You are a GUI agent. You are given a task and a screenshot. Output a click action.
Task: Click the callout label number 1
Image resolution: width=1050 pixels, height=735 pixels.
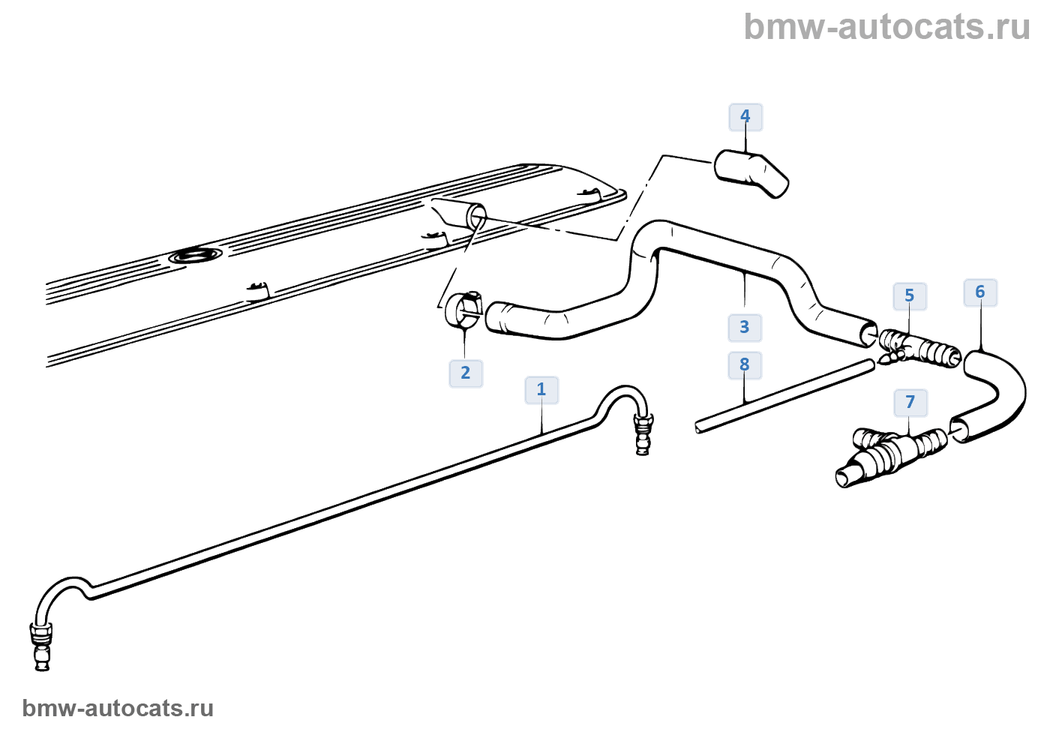point(541,390)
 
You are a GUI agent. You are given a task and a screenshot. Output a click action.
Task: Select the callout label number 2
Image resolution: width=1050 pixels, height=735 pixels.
point(466,373)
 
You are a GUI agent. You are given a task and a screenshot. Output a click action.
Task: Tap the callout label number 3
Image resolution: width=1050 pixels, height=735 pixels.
point(744,328)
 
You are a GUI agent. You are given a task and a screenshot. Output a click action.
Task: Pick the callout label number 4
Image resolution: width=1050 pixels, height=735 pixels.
point(745,117)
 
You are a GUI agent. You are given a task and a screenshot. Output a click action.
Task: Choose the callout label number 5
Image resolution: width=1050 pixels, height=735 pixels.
point(909,296)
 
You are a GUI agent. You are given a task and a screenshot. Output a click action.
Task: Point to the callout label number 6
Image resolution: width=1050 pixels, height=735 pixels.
point(979,292)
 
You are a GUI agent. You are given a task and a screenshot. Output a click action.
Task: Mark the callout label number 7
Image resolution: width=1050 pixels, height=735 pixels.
point(910,403)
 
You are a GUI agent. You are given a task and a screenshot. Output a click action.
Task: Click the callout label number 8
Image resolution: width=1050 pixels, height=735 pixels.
point(744,365)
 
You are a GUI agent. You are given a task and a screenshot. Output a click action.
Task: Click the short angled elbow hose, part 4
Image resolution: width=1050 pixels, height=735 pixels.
point(751,173)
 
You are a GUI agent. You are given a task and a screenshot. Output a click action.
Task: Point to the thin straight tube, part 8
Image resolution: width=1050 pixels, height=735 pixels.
point(784,395)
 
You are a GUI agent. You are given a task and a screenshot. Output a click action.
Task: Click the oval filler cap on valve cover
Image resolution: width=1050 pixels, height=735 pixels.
point(196,256)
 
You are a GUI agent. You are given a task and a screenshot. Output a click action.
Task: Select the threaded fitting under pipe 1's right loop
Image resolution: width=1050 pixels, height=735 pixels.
point(643,435)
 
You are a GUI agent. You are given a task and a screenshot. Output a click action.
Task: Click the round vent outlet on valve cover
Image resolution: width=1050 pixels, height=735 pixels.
point(475,217)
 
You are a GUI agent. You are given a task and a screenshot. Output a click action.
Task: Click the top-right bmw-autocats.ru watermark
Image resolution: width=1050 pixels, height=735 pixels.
point(886,27)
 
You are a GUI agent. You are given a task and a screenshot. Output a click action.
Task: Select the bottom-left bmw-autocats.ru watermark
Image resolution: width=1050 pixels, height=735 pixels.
point(118,708)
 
